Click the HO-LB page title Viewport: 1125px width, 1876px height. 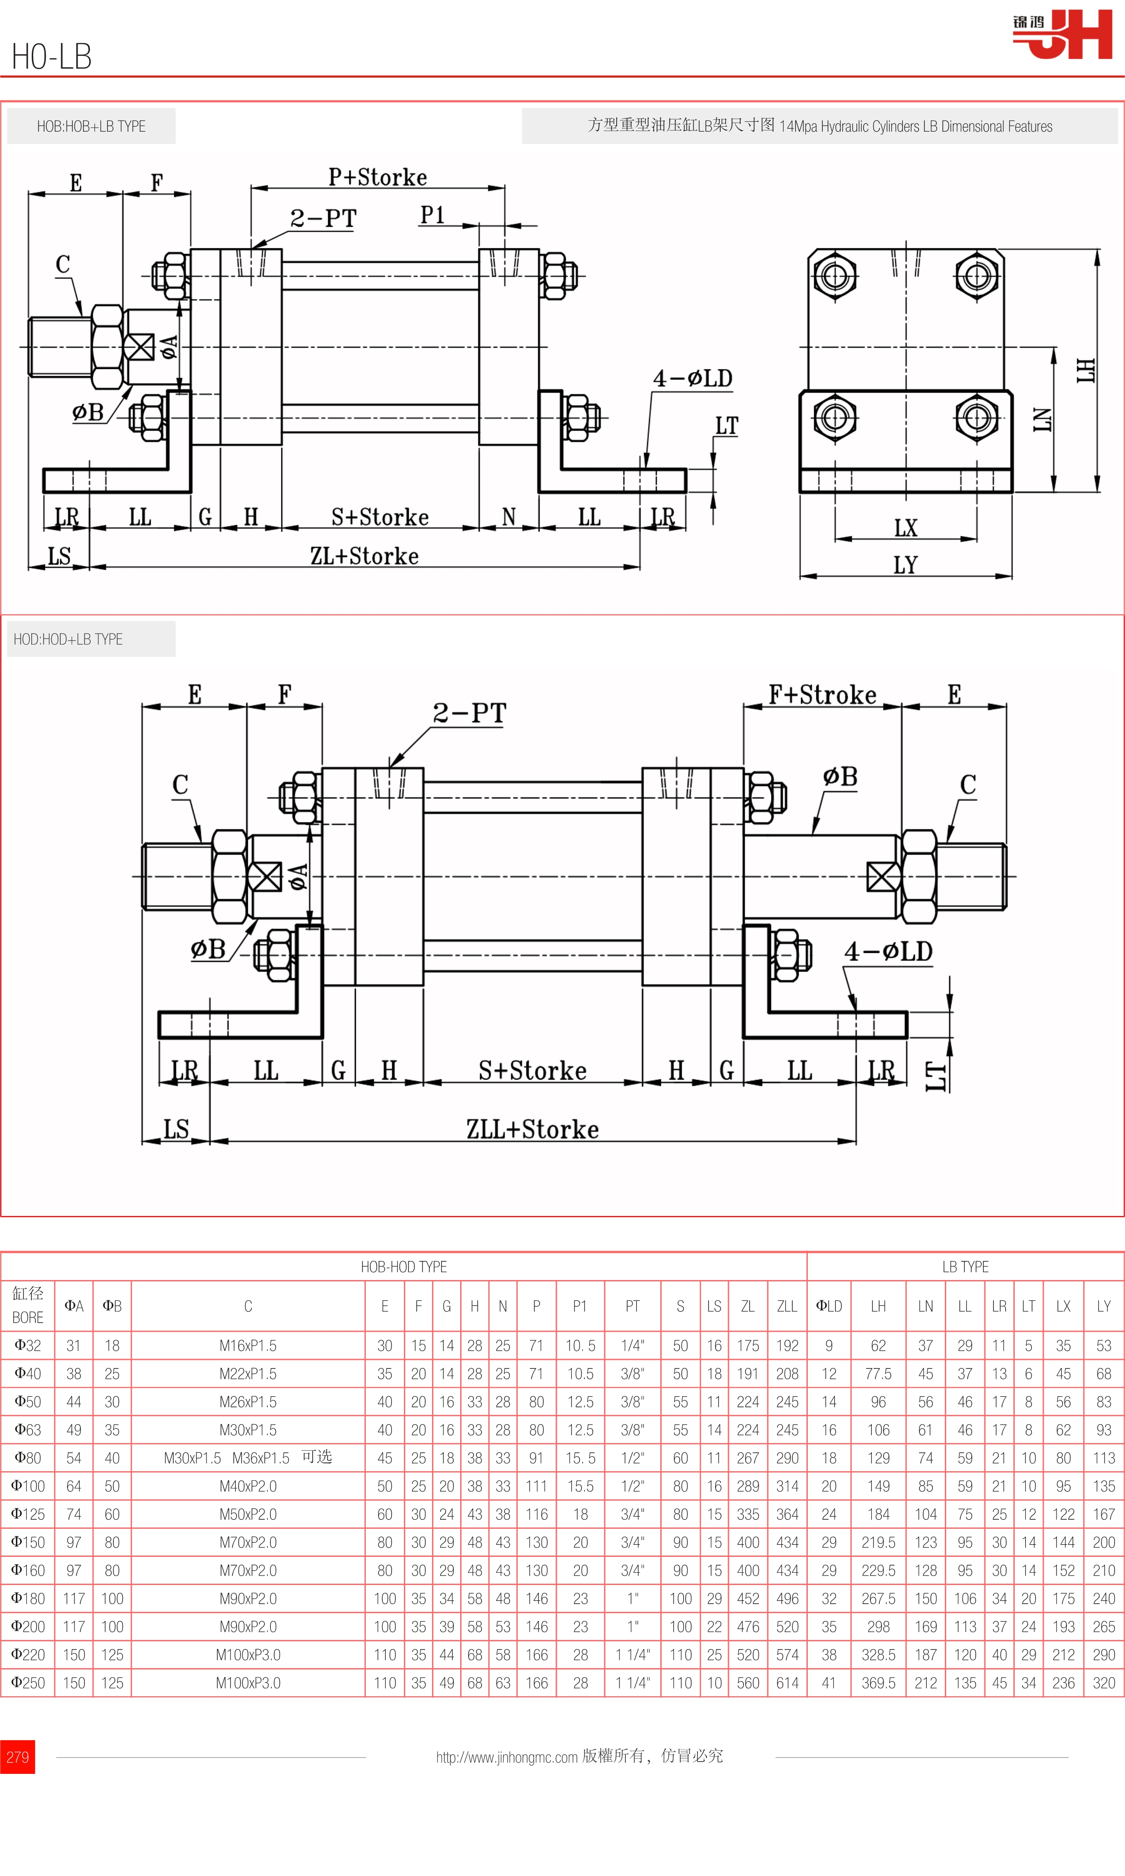pyautogui.click(x=52, y=57)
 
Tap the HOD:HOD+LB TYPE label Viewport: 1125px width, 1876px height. pyautogui.click(x=68, y=639)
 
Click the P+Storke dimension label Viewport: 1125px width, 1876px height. pyautogui.click(x=378, y=177)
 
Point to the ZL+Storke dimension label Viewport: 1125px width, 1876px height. pyautogui.click(x=364, y=556)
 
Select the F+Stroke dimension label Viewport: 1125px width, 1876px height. pyautogui.click(x=822, y=694)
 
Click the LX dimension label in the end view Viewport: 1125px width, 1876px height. pyautogui.click(x=905, y=528)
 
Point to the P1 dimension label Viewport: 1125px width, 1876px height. pyautogui.click(x=432, y=215)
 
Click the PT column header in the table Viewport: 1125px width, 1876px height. pyautogui.click(x=632, y=1306)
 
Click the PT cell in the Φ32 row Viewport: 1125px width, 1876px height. pyautogui.click(x=632, y=1346)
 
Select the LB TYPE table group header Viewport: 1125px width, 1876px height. pyautogui.click(x=965, y=1266)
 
